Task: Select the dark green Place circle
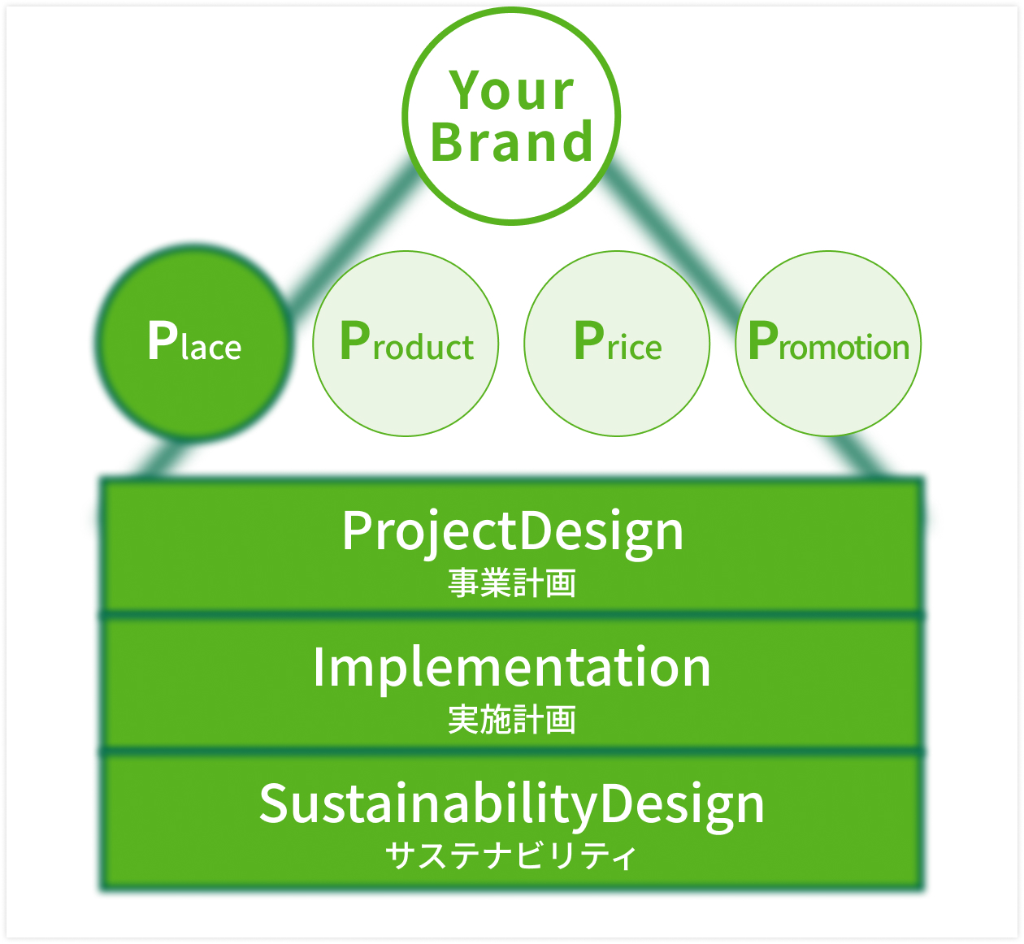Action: tap(194, 343)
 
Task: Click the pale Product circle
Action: tap(406, 344)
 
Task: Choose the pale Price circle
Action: tap(617, 344)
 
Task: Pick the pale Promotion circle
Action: tap(828, 344)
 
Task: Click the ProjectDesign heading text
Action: tap(513, 534)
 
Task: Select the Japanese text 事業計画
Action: tap(511, 583)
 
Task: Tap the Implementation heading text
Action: tap(511, 669)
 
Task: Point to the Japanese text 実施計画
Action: tap(511, 720)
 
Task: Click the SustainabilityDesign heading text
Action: tap(511, 806)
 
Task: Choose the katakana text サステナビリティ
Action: tap(511, 855)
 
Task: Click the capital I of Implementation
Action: tap(318, 667)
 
